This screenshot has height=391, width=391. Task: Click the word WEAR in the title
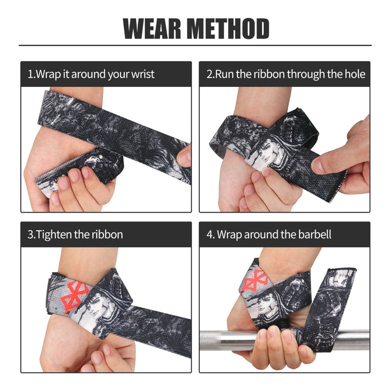(x=152, y=29)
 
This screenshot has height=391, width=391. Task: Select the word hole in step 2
(x=355, y=74)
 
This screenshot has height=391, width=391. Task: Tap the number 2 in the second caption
(x=209, y=74)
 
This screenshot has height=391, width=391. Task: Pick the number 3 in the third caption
(x=30, y=235)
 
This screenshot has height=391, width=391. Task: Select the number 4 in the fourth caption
(x=210, y=235)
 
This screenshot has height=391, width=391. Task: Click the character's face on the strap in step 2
(x=269, y=152)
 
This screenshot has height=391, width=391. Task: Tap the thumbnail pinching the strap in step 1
(x=184, y=158)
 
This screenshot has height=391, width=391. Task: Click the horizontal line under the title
(x=195, y=45)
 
